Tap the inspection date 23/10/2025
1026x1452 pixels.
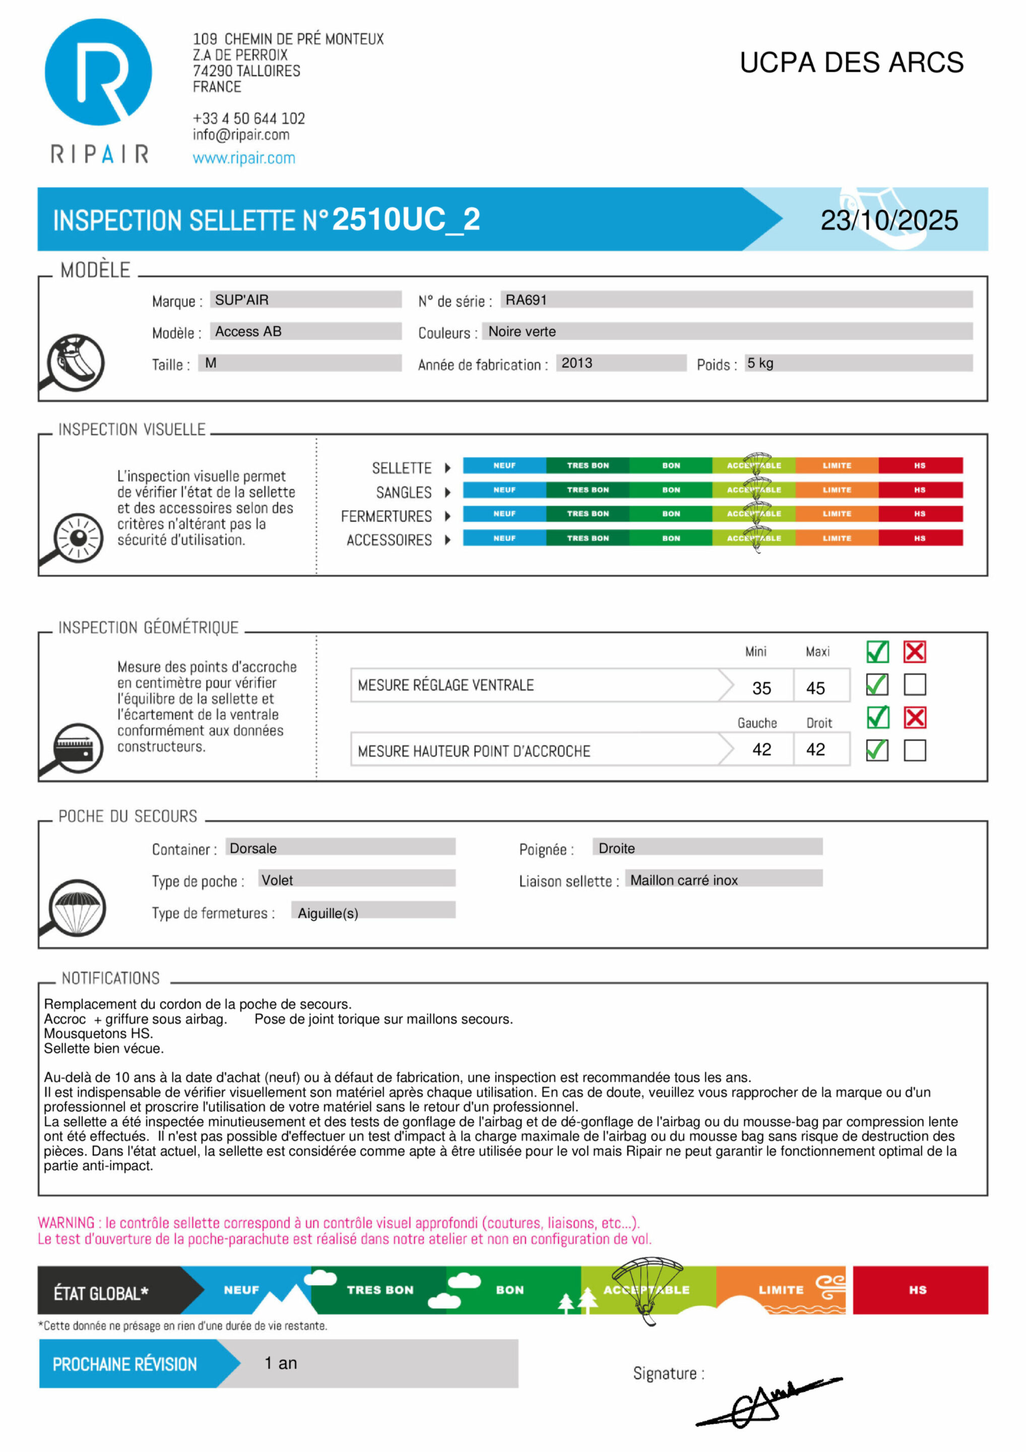[889, 220]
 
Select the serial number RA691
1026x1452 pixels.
[526, 300]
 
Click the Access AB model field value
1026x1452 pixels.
[248, 331]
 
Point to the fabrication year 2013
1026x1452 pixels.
[576, 363]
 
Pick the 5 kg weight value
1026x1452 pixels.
[760, 363]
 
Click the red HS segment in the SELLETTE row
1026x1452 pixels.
[920, 465]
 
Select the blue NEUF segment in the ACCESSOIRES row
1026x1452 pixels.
[504, 538]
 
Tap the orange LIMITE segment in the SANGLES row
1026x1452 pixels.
[837, 490]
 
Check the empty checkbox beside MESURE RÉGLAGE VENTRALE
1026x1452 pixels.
[915, 684]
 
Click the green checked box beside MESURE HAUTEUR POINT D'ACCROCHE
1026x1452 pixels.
[877, 750]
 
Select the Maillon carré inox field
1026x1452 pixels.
[684, 880]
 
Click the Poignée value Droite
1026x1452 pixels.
[616, 848]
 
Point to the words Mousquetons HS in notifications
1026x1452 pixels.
[98, 1034]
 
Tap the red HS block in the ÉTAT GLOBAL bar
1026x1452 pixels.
[920, 1290]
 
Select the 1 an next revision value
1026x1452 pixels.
[281, 1363]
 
